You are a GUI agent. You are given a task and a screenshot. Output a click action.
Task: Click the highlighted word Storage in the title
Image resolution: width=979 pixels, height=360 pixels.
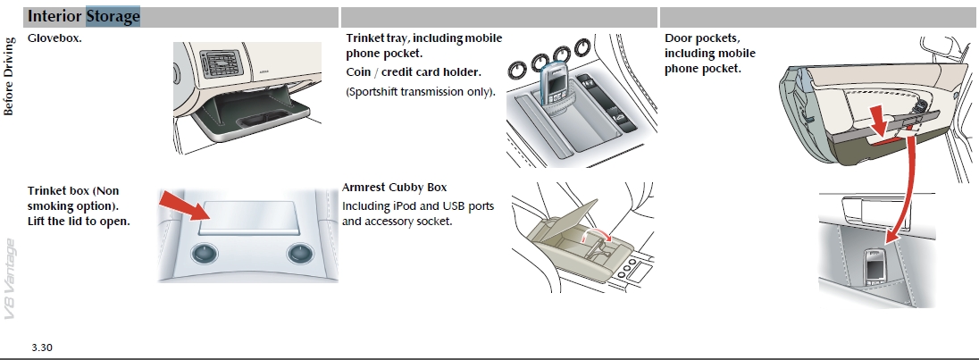pyautogui.click(x=113, y=17)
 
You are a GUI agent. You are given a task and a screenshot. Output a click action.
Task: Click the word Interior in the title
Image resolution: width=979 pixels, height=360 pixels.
pyautogui.click(x=55, y=17)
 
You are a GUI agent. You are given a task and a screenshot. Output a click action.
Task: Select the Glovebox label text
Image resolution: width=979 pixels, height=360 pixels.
pyautogui.click(x=55, y=38)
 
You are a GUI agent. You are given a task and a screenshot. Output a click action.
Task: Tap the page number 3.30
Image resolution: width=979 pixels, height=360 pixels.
pyautogui.click(x=42, y=347)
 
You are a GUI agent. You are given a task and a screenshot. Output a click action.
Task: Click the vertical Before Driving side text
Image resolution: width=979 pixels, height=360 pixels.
pyautogui.click(x=10, y=77)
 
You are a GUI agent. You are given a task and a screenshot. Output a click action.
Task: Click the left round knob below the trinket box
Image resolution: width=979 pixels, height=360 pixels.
pyautogui.click(x=205, y=255)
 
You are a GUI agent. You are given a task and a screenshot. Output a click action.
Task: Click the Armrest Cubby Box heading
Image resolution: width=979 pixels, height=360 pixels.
pyautogui.click(x=395, y=188)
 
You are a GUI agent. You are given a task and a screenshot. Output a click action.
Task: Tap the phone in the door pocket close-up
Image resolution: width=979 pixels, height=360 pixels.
pyautogui.click(x=873, y=267)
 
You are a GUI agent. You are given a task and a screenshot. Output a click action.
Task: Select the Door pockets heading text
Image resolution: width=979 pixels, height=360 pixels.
pyautogui.click(x=703, y=38)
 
